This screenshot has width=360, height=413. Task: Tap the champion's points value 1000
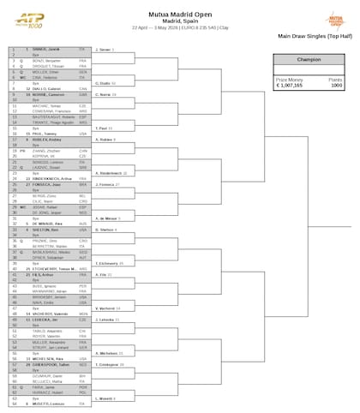point(337,86)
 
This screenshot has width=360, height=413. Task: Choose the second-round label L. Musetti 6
point(105,398)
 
